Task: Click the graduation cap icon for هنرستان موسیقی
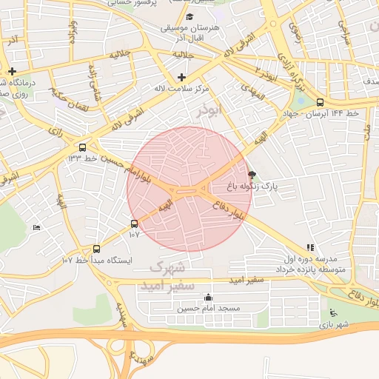[x=189, y=16]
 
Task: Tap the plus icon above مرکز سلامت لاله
[x=182, y=77]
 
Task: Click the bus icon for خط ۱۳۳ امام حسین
[x=81, y=147]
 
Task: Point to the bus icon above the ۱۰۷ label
[x=134, y=223]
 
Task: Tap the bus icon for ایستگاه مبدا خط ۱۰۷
[x=96, y=249]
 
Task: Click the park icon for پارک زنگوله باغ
[x=252, y=176]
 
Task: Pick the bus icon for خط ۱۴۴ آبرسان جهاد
[x=320, y=103]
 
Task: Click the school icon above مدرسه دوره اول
[x=309, y=248]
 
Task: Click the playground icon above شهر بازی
[x=333, y=312]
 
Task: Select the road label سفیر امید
[x=246, y=281]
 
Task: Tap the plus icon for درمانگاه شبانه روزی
[x=13, y=71]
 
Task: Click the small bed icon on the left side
[x=37, y=227]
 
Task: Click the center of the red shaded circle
[x=189, y=189]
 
